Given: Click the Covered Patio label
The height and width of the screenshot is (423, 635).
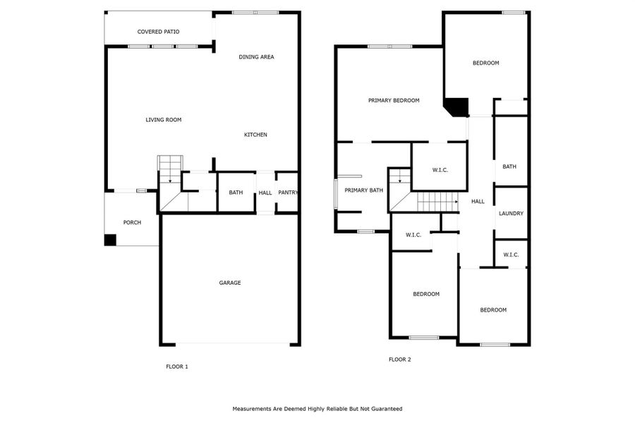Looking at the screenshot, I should [x=158, y=32].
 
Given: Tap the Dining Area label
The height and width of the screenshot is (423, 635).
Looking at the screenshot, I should [x=256, y=57].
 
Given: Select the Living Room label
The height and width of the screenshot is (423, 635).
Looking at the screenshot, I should [x=164, y=120].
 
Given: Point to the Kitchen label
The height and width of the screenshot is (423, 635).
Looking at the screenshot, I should [x=255, y=135].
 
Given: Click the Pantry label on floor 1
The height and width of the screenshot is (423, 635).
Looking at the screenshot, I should [x=288, y=192].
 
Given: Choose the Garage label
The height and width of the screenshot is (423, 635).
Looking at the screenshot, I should [x=230, y=283].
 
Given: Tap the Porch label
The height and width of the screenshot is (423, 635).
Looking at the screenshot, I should [x=132, y=223].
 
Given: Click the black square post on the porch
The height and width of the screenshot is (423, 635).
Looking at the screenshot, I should [x=110, y=240].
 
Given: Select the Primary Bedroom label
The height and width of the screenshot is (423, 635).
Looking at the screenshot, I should [x=394, y=101].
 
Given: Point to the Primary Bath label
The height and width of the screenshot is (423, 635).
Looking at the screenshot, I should [x=363, y=190].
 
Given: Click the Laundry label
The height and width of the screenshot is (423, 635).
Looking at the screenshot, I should [x=511, y=214].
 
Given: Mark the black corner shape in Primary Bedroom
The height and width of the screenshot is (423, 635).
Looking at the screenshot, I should [x=456, y=106].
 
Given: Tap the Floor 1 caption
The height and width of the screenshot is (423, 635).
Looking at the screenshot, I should [x=176, y=367].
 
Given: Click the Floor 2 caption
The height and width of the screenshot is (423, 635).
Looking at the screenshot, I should [x=399, y=360].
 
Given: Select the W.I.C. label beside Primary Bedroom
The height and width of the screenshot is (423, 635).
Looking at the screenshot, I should [x=439, y=170].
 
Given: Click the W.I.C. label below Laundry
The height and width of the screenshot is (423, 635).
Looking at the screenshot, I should [x=511, y=255].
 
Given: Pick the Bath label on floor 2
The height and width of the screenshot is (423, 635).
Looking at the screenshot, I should [x=509, y=166].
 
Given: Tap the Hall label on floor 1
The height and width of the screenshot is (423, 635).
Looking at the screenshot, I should [x=265, y=192].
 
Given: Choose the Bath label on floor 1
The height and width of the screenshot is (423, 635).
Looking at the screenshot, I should [x=236, y=192].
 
